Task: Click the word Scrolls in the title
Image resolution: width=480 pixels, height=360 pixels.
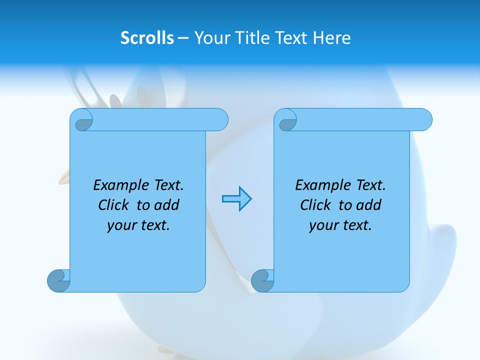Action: point(147,38)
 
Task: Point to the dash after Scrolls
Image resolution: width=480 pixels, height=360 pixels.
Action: point(183,38)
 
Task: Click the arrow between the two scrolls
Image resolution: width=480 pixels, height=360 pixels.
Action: point(236,199)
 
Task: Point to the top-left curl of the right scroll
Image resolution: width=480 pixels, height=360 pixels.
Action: point(287,120)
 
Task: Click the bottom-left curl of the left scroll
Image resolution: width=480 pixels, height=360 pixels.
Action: point(58,280)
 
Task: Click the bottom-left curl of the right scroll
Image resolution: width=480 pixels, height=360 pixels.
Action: point(262,280)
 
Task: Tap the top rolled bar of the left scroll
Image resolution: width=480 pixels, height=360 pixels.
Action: point(155,119)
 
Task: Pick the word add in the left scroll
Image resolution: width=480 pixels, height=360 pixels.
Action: point(166,205)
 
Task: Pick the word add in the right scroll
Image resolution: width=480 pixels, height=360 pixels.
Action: point(368,205)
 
